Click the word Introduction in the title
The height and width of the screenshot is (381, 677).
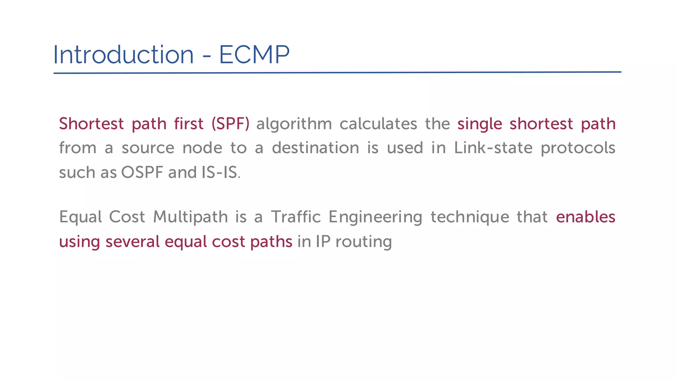point(123,55)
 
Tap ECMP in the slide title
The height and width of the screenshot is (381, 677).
point(254,55)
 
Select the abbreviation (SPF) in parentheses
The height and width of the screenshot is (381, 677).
point(230,124)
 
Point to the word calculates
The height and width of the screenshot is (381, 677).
point(378,124)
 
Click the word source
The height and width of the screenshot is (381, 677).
point(148,148)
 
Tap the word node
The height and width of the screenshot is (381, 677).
point(202,148)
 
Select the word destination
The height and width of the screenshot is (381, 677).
point(315,148)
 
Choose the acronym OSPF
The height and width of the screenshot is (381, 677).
point(142,172)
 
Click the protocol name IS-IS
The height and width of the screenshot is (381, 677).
point(219,172)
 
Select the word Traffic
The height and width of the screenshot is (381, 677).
point(296,217)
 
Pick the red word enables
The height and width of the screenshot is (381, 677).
point(585,217)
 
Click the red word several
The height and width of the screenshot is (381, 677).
point(133,242)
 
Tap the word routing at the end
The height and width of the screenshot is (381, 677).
point(363,242)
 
